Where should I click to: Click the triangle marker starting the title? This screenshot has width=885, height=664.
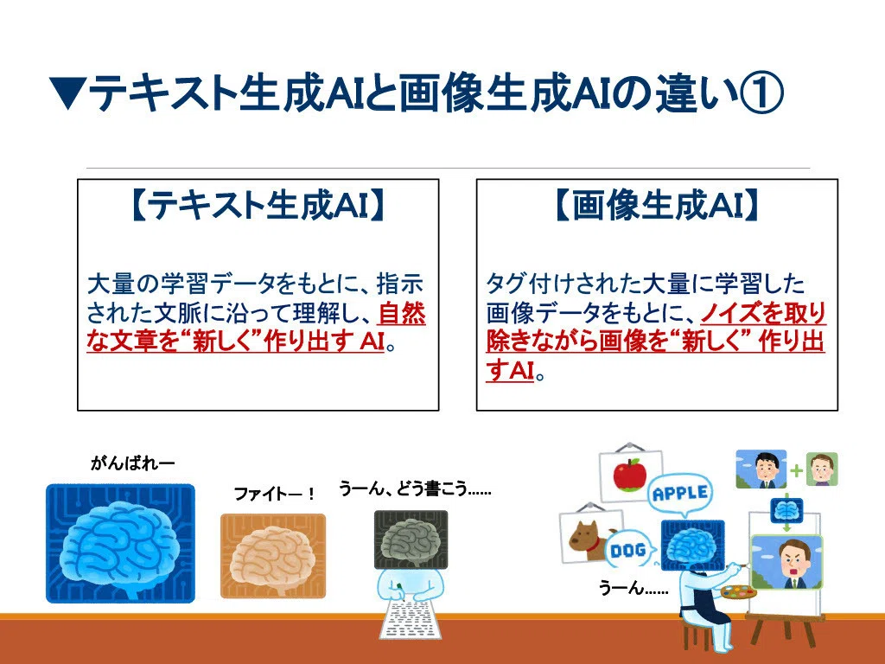tap(67, 93)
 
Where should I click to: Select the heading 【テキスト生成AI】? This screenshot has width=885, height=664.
tap(258, 204)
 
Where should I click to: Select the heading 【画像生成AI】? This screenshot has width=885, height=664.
tap(657, 204)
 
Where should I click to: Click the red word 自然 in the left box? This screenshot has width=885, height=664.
tap(401, 313)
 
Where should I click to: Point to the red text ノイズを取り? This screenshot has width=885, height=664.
tap(763, 313)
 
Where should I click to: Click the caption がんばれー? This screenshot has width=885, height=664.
tap(132, 463)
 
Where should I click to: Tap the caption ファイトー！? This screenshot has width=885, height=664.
tap(274, 494)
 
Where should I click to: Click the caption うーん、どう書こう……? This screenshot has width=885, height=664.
tap(415, 488)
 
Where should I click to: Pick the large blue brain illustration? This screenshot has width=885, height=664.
tap(120, 543)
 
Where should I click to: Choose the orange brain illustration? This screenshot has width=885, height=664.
tap(273, 556)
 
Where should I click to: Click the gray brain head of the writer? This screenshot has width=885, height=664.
tap(411, 539)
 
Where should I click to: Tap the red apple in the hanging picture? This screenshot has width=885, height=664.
tap(629, 475)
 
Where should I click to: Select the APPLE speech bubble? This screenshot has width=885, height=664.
tap(680, 494)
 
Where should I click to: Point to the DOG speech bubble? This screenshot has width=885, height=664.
tap(629, 549)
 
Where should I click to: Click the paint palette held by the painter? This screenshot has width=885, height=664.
tap(738, 593)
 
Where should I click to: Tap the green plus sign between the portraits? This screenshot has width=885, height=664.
tap(796, 470)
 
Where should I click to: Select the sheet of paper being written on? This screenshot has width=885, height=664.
tap(409, 619)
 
